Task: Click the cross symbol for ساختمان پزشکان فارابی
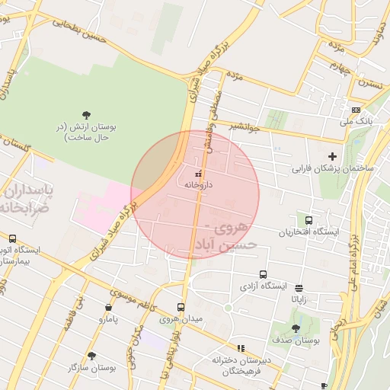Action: click(331, 156)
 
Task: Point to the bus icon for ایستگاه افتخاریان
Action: click(309, 219)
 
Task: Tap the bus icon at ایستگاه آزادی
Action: click(263, 275)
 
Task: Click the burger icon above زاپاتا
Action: click(298, 288)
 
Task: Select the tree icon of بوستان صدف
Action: click(296, 328)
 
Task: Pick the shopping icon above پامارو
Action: click(108, 308)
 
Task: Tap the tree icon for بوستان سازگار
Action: click(91, 356)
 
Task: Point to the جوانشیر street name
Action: click(245, 126)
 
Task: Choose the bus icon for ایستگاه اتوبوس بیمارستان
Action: click(13, 238)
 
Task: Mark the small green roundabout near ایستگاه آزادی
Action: click(227, 308)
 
